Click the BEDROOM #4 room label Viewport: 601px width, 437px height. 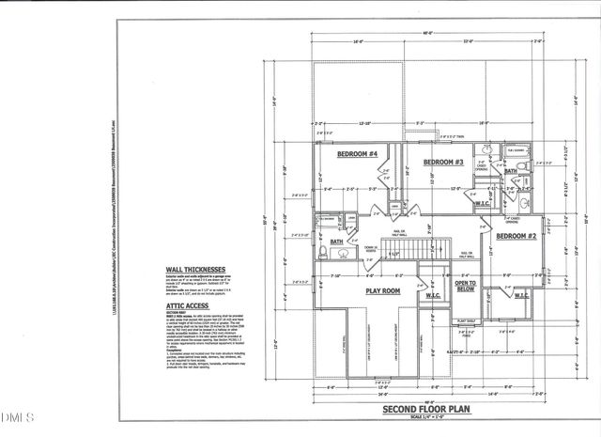click(358, 153)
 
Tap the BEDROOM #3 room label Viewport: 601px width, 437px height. click(443, 162)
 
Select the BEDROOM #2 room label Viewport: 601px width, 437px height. click(516, 235)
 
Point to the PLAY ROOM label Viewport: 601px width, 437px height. click(383, 291)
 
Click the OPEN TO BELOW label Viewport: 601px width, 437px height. click(466, 286)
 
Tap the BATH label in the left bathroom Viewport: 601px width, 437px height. click(337, 242)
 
